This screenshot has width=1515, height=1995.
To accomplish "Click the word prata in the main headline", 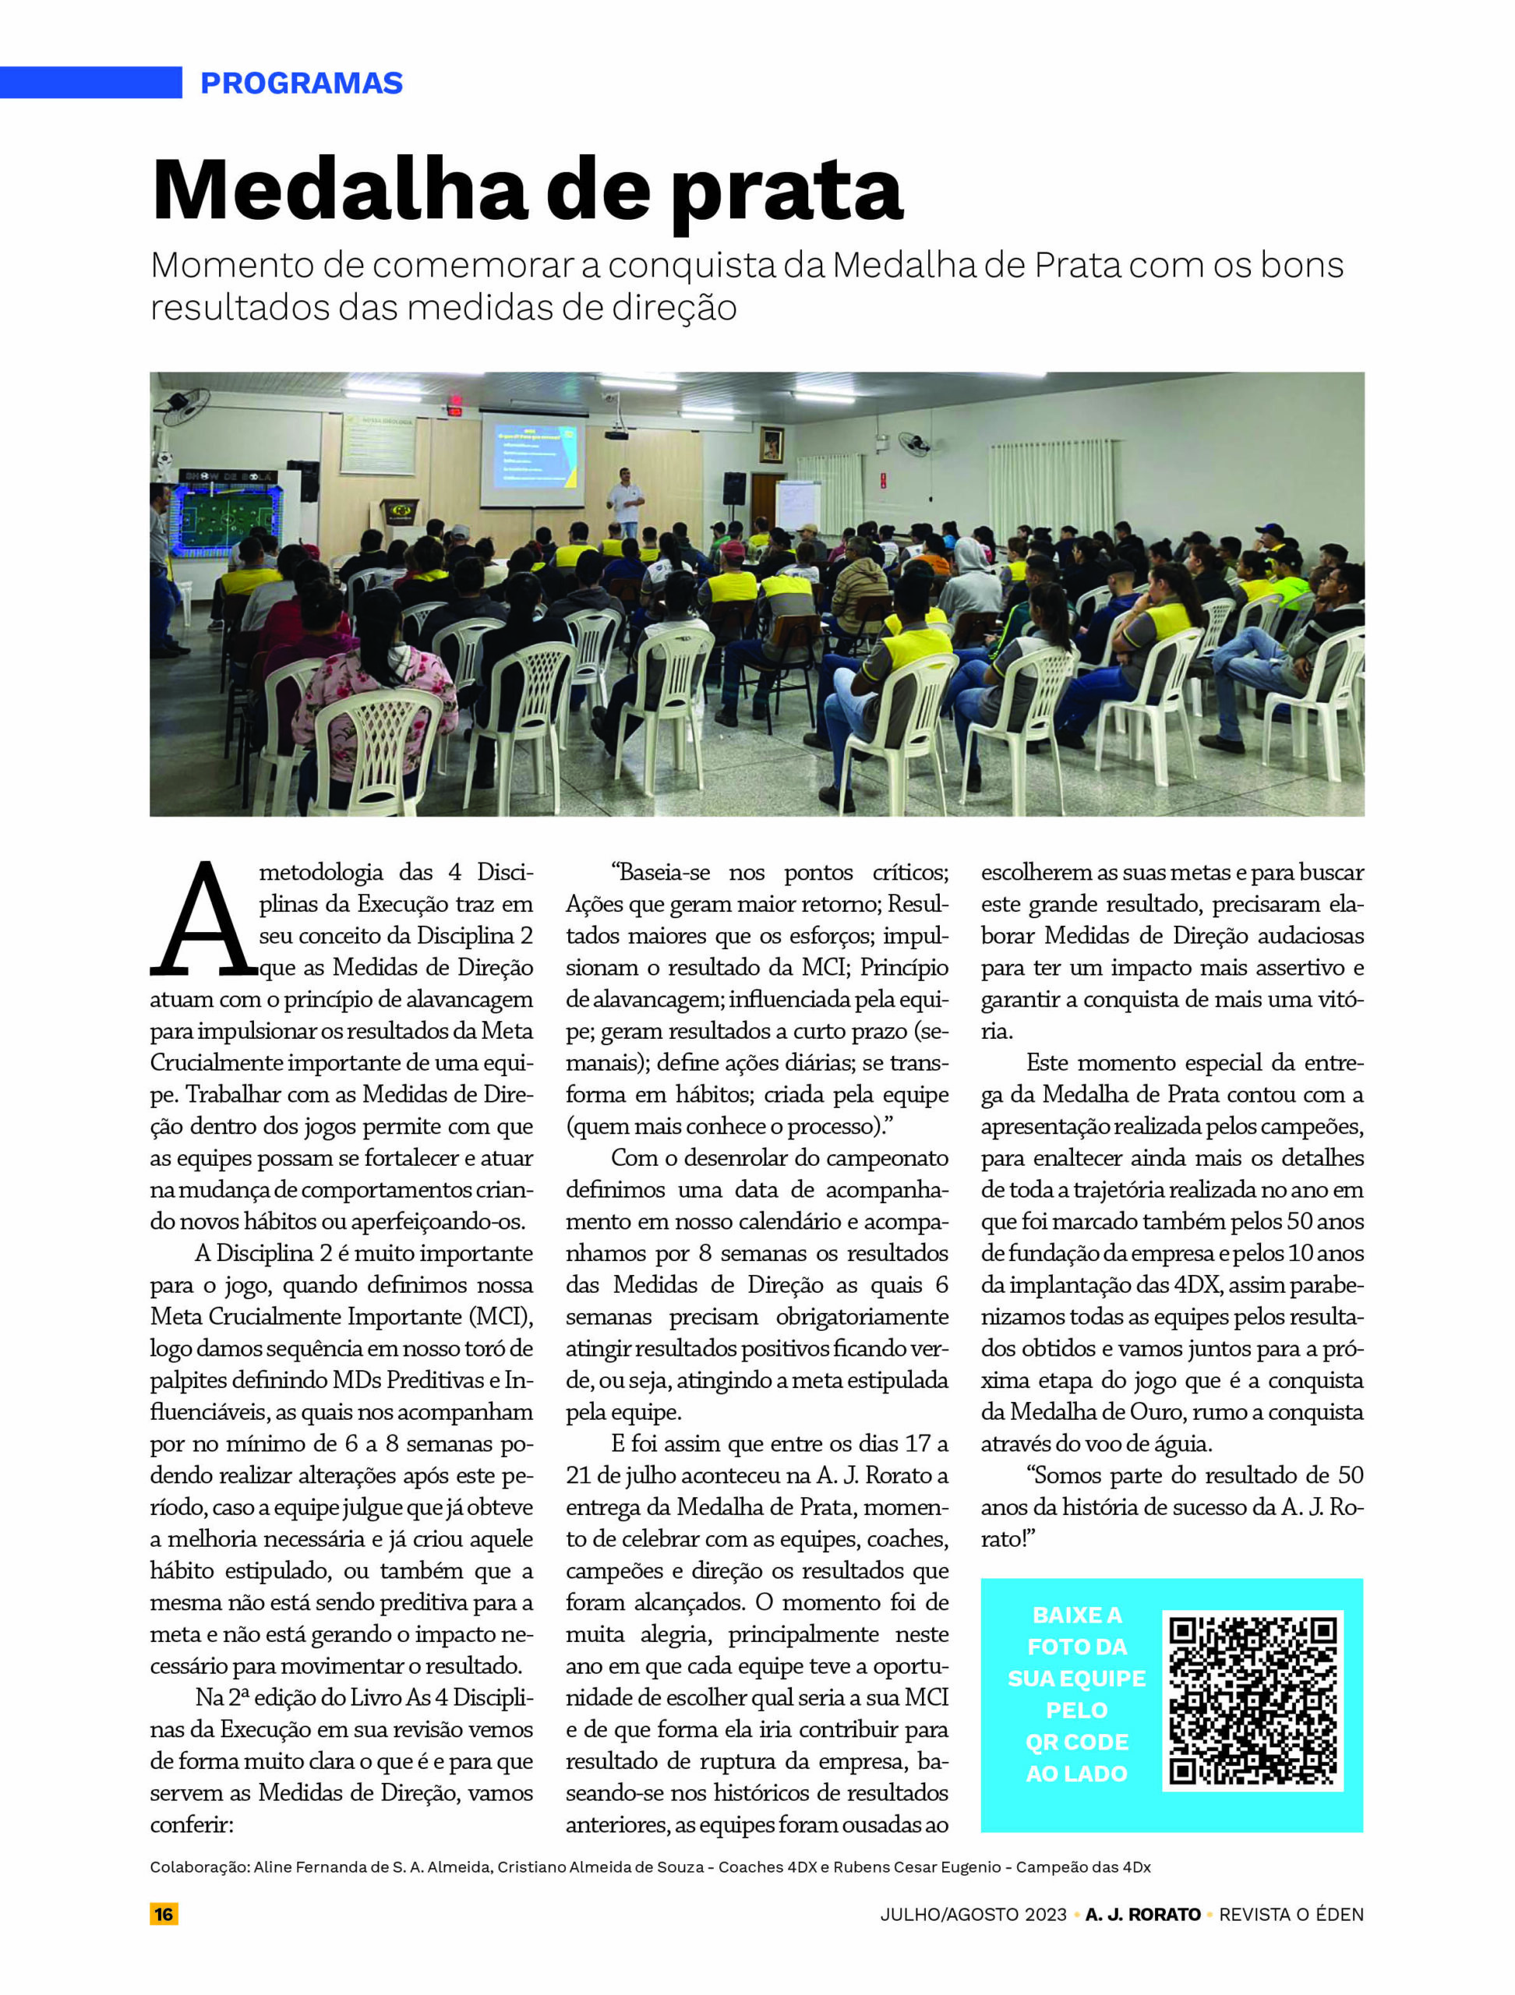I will coord(787,192).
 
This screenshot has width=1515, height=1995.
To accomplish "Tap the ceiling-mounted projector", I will coord(616,435).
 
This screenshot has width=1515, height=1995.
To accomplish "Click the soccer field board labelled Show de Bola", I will coord(229,510).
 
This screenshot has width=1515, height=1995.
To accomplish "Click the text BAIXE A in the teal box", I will coord(1077,1615).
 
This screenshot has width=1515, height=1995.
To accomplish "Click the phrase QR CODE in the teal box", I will coord(1077,1742).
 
